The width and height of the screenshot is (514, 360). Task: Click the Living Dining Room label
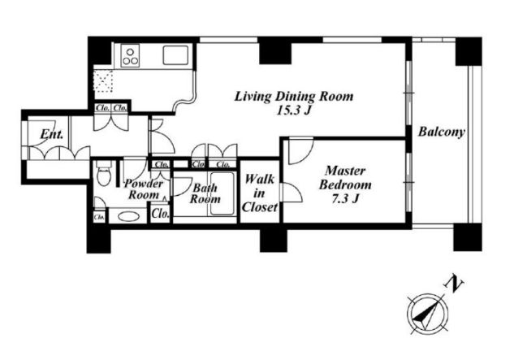[x=294, y=97]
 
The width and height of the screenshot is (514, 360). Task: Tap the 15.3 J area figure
[x=293, y=111]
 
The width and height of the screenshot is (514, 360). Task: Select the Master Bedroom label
[x=345, y=177]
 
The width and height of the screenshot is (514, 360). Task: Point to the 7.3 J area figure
[x=346, y=199]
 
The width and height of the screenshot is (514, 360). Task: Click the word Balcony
[x=442, y=132]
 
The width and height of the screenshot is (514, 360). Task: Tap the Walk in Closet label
[x=259, y=193]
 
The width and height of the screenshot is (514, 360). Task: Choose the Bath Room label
[x=205, y=193]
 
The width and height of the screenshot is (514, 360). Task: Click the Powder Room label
[x=143, y=189]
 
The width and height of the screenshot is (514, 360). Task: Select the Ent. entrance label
[x=52, y=134]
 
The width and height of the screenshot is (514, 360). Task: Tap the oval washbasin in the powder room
[x=128, y=217]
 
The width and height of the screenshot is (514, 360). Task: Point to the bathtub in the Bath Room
[x=222, y=193]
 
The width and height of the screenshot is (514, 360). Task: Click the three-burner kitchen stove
[x=130, y=56]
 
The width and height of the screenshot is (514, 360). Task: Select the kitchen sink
[x=175, y=55]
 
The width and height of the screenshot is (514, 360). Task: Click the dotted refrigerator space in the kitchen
[x=103, y=80]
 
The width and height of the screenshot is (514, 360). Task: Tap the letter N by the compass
[x=453, y=284]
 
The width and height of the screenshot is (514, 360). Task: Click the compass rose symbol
[x=428, y=314]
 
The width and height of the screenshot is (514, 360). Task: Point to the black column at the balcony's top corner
[x=469, y=51]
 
